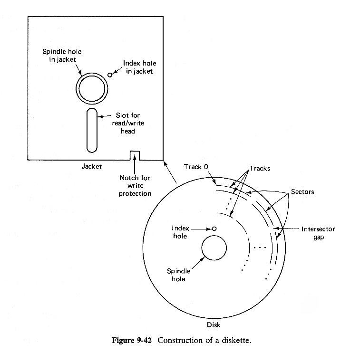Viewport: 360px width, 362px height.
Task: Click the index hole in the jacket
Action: [111, 75]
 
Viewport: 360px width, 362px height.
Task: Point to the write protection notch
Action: [135, 155]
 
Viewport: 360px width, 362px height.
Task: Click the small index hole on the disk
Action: [214, 228]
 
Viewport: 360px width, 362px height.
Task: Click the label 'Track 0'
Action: [195, 167]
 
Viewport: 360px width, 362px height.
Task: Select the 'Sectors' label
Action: [302, 192]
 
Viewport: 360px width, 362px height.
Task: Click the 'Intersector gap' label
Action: [318, 233]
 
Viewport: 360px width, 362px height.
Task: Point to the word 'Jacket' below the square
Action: [91, 167]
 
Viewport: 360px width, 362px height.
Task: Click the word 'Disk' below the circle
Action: [214, 325]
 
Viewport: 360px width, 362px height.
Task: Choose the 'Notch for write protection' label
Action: [136, 186]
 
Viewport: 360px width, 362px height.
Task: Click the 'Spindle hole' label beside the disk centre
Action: [178, 275]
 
